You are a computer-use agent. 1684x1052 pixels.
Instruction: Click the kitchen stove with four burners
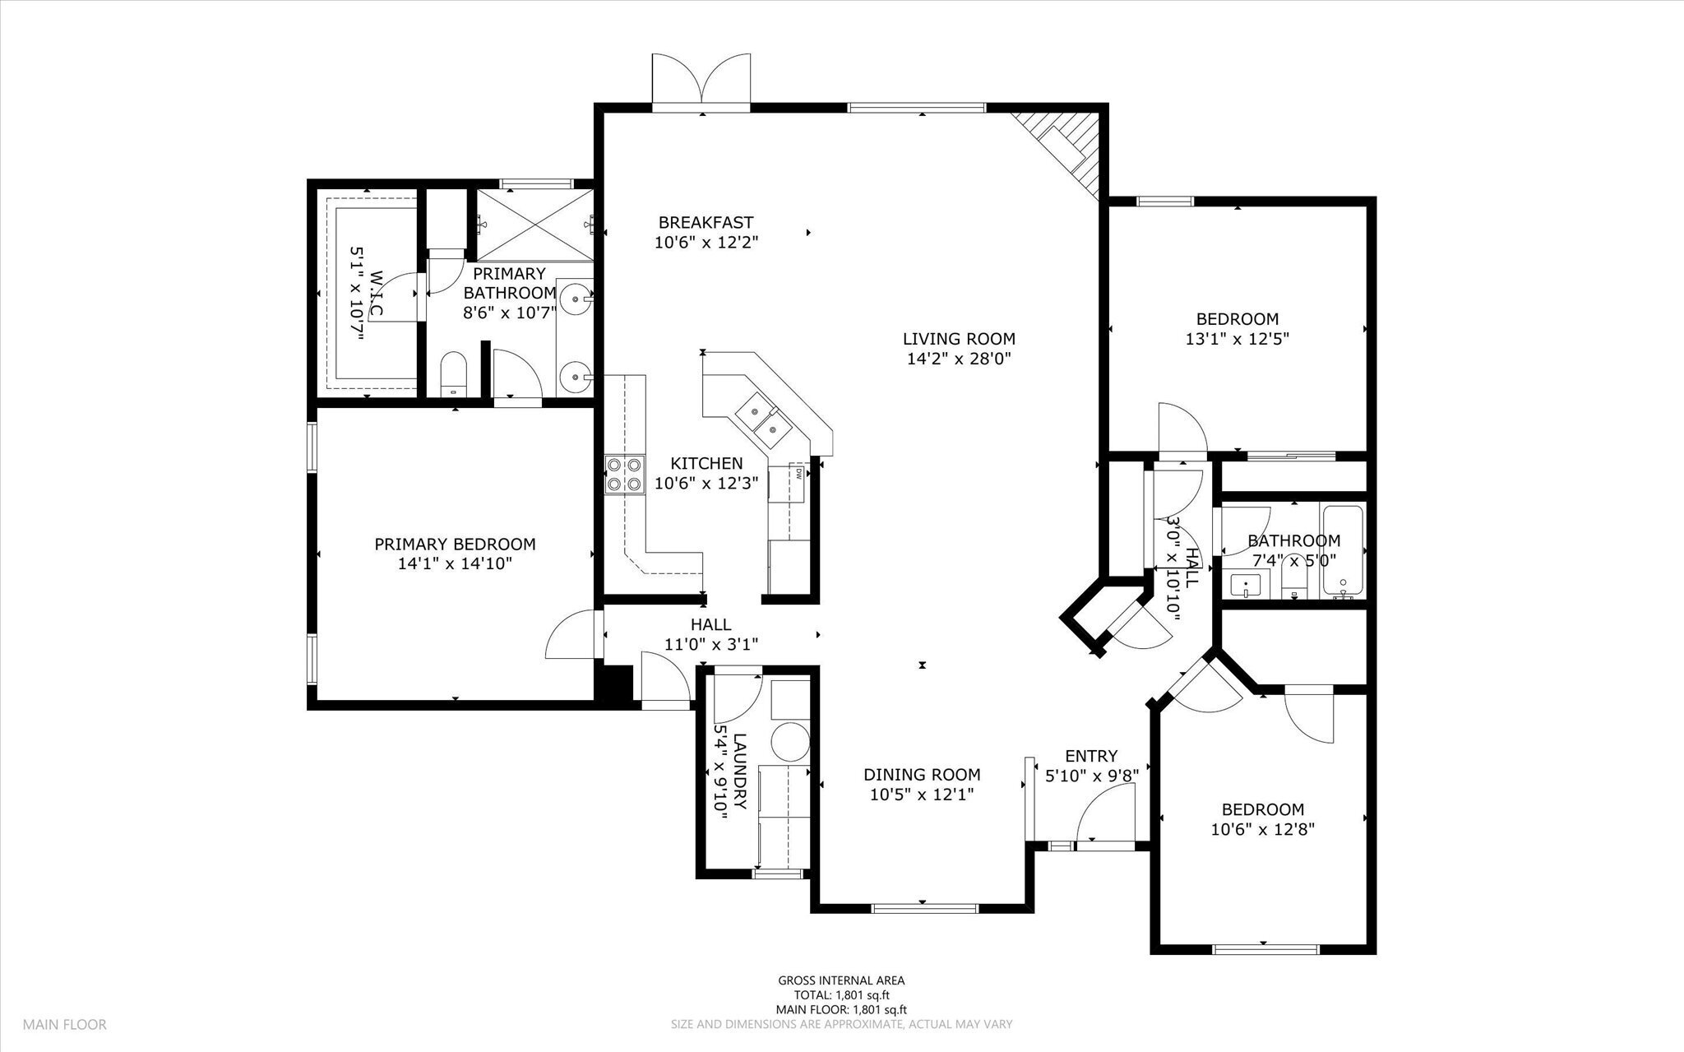coord(624,475)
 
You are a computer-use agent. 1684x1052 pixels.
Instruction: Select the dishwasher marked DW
coord(798,484)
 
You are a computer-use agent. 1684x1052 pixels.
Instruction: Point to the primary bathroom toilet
coord(453,377)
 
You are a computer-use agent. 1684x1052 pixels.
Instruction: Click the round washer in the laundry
coord(790,739)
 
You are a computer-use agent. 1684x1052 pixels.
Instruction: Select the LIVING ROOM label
coord(959,339)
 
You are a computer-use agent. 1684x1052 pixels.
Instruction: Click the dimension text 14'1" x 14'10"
coord(455,563)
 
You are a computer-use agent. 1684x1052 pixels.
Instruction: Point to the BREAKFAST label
coord(706,222)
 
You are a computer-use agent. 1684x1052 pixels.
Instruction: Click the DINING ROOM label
coord(922,775)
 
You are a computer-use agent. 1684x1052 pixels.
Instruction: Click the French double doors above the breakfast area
coord(701,82)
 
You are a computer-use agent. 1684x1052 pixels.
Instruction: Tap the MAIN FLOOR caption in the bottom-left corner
coord(64,1025)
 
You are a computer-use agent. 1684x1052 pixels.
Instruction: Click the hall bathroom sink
coord(1246,586)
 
